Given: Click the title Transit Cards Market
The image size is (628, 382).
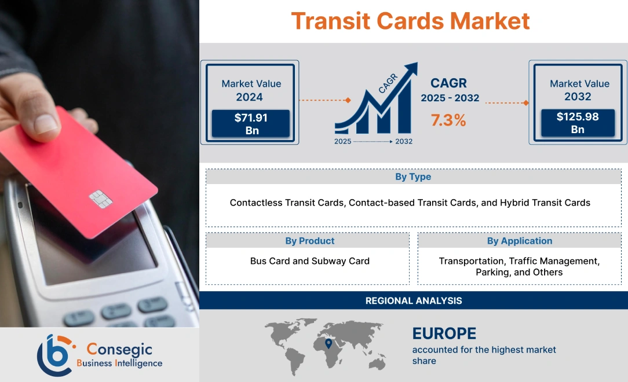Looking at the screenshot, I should pos(410,21).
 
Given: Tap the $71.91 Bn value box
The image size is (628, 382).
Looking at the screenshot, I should pos(250,124).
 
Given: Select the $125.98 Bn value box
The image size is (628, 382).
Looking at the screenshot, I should pos(578,123).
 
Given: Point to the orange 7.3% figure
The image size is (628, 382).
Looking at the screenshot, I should pos(448,120).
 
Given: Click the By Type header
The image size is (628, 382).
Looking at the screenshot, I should pos(413,177).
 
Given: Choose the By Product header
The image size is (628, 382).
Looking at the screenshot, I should pos(309,241).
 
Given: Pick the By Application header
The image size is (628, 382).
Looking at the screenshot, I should pos(519,241).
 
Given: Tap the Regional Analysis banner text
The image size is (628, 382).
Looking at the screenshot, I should pos(414,300).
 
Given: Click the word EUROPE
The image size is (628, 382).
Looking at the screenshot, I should pos(444,333).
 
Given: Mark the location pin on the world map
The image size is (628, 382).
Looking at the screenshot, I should pos(328,344).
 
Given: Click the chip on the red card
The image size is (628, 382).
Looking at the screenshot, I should pos(100,199).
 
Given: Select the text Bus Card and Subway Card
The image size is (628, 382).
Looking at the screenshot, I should pos(309,261).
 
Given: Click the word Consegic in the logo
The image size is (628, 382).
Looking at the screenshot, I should pos(119,349).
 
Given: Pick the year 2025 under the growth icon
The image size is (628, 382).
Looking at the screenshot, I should pos(342,141).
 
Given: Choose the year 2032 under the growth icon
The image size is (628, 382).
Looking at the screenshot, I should pos(404,141).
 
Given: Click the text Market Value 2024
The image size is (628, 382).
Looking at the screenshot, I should pos(251,90).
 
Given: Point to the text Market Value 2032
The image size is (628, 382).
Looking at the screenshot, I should pos(579,90).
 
